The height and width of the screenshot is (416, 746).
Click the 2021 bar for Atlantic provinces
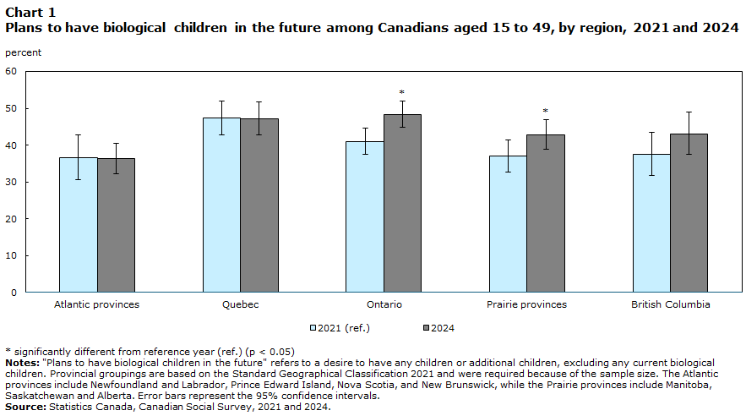click(x=79, y=225)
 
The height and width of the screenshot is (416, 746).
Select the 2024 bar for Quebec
click(x=259, y=205)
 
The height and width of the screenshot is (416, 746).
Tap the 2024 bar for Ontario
click(x=402, y=203)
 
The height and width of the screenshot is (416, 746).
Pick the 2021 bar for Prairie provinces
click(x=508, y=224)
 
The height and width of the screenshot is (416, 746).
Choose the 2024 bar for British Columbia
click(x=689, y=213)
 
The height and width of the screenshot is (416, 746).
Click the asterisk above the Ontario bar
click(x=402, y=92)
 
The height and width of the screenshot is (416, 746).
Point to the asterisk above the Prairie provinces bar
click(x=546, y=112)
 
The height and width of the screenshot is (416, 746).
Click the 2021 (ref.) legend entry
click(x=340, y=328)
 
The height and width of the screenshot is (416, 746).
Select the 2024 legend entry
click(x=438, y=328)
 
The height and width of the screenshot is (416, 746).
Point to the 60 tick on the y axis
click(x=11, y=71)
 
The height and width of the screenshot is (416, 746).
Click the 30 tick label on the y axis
click(x=11, y=182)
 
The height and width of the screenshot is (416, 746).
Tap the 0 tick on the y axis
click(x=14, y=293)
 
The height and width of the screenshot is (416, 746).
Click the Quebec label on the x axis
click(x=240, y=304)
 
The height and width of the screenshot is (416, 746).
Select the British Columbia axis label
click(x=670, y=304)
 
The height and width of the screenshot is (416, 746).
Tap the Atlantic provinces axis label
click(x=96, y=304)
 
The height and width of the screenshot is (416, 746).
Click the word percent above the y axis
click(x=24, y=52)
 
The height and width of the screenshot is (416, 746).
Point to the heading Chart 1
click(x=30, y=12)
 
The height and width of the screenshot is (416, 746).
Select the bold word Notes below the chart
click(x=22, y=364)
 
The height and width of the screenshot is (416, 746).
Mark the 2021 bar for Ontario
click(x=365, y=216)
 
